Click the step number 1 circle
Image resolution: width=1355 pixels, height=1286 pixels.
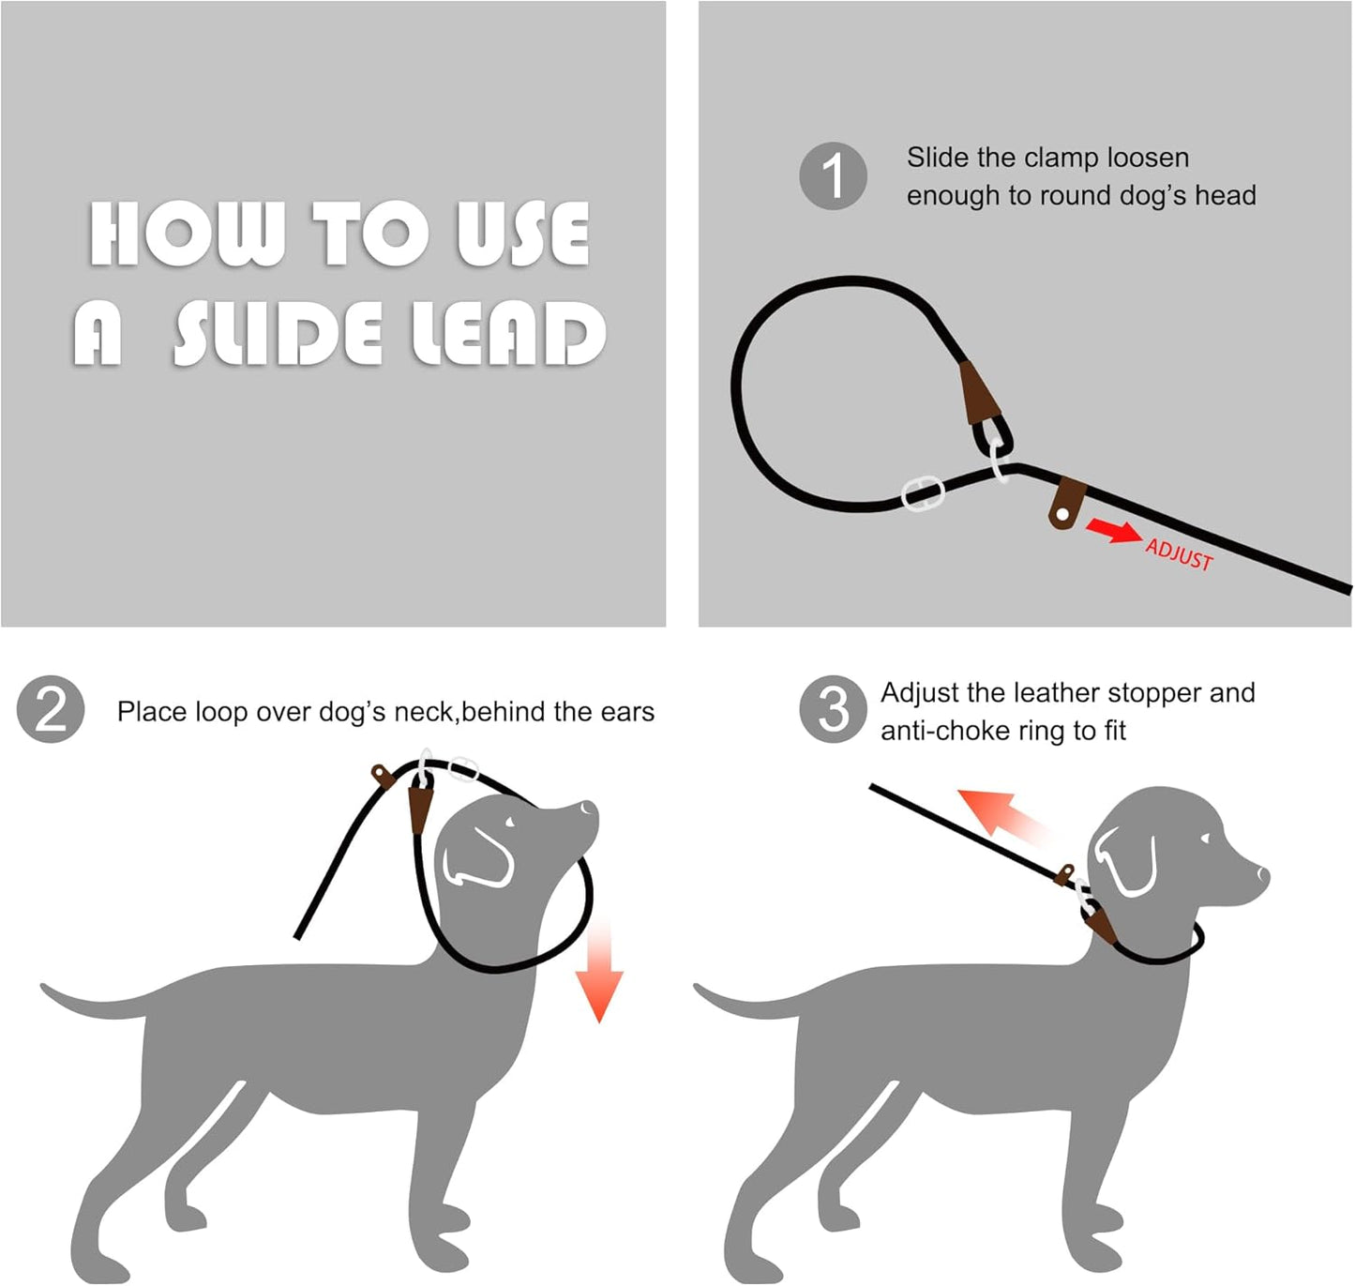coord(833,176)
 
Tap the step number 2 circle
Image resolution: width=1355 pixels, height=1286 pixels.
coord(51,710)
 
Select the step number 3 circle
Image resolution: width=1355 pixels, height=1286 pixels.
coord(833,709)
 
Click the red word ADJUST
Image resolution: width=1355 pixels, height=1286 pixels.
coord(1179,554)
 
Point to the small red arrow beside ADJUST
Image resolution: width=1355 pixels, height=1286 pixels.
coord(1113,532)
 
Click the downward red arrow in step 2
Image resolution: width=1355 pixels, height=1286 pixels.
coord(599,976)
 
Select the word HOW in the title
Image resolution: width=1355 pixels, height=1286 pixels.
coord(187,234)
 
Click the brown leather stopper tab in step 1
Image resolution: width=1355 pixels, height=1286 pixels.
coord(1066,503)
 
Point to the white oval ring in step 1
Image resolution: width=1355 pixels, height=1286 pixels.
coord(922,492)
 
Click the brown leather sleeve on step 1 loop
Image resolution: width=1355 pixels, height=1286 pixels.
coord(977,391)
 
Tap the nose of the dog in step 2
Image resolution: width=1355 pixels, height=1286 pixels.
coord(589,809)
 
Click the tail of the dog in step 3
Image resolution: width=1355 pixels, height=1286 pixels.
coord(736,1003)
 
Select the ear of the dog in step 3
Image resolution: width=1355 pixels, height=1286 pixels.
coord(1125,862)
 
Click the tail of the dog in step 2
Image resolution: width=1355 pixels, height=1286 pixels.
coord(84,1003)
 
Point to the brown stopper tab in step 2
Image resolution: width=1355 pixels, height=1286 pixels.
coord(381,776)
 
